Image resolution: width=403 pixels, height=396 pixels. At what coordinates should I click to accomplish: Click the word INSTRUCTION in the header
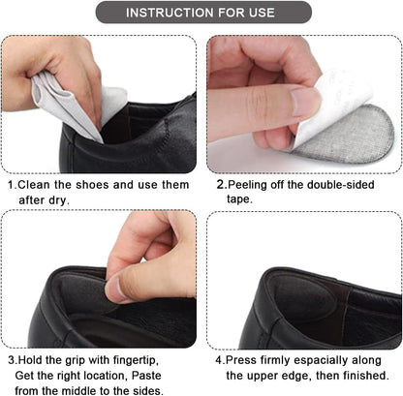168,14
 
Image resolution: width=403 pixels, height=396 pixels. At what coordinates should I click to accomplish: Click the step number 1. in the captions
13,184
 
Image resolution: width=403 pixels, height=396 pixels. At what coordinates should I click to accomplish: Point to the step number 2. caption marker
221,184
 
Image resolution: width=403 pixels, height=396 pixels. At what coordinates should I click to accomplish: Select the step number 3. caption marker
13,360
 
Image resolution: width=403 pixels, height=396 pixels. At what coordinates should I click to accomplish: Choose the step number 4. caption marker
221,360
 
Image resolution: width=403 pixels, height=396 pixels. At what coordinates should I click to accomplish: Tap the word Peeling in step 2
251,184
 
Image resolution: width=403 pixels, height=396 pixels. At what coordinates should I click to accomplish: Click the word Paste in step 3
156,375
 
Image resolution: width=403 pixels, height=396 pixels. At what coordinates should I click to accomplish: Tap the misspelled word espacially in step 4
325,360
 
